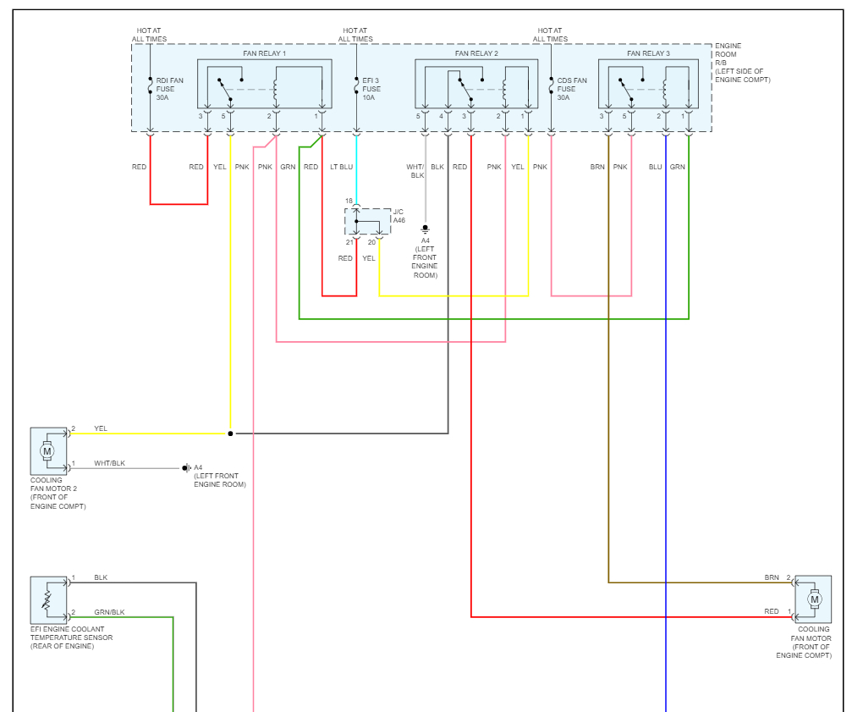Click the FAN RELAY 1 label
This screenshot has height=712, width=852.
click(265, 53)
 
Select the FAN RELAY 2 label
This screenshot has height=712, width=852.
click(476, 53)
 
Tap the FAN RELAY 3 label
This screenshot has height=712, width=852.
click(648, 53)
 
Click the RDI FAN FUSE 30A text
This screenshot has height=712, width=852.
click(168, 89)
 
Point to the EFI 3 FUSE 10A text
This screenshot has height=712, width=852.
click(371, 89)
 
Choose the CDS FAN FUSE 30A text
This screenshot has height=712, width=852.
click(571, 89)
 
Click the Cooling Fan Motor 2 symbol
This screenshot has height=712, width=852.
click(48, 450)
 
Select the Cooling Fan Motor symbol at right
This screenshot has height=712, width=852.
click(814, 599)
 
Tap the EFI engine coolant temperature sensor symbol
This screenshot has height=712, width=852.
click(48, 600)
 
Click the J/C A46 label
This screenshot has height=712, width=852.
click(399, 215)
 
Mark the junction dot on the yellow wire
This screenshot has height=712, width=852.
click(230, 433)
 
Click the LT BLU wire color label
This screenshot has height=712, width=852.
click(341, 167)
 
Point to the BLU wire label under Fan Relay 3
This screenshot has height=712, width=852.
click(655, 167)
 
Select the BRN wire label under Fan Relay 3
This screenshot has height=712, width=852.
click(597, 167)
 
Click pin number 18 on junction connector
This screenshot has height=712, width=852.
click(349, 201)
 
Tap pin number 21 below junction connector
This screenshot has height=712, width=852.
click(349, 243)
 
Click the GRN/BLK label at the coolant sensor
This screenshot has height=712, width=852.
click(109, 612)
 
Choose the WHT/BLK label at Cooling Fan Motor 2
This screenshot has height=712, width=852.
click(109, 463)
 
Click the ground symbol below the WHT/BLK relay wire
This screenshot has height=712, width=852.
click(426, 229)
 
